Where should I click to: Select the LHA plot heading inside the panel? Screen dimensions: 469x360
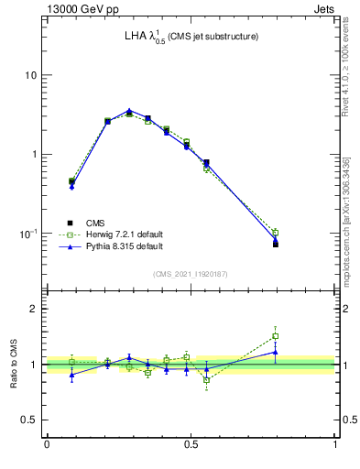191,37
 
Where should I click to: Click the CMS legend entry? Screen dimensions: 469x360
96,223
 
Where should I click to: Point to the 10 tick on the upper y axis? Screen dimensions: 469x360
30,75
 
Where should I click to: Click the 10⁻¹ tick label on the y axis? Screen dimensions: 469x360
28,234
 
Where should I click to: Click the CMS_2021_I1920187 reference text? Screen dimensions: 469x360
191,274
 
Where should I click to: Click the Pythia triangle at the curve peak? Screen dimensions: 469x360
129,111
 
